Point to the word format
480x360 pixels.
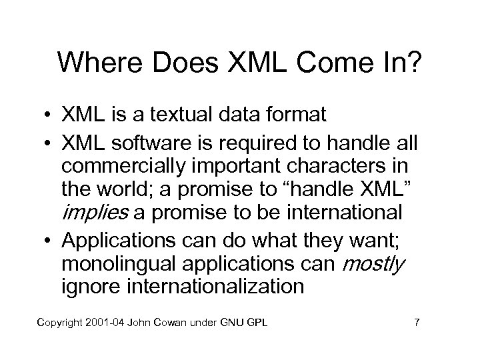[294, 115]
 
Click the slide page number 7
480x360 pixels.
[417, 323]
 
